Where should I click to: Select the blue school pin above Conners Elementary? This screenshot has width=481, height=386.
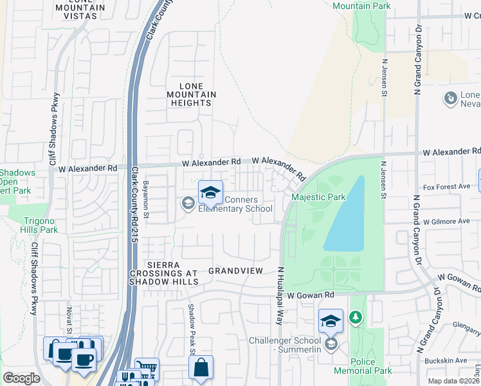tap(210, 192)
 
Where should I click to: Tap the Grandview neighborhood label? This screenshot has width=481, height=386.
tap(235, 271)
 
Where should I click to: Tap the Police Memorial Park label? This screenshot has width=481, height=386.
tap(363, 366)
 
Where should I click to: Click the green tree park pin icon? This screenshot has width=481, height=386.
tap(354, 317)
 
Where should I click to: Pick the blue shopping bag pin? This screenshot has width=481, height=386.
tap(201, 368)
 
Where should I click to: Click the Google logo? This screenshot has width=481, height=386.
tap(21, 378)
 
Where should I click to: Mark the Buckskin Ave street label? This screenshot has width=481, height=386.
tap(453, 361)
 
